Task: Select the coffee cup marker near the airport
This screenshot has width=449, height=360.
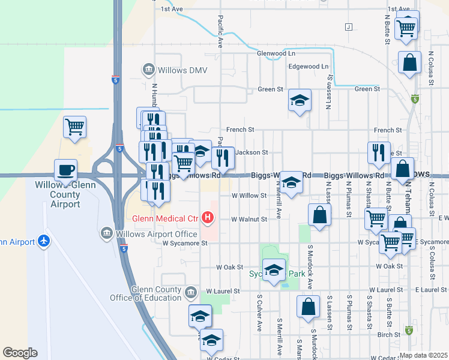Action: click(65, 170)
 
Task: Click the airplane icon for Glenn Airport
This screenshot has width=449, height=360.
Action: click(43, 241)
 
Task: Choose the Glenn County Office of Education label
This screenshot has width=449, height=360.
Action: click(146, 293)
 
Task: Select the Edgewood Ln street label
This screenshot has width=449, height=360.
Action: click(309, 66)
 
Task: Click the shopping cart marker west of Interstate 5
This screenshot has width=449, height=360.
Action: click(75, 127)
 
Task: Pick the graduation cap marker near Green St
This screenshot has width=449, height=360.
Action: click(300, 100)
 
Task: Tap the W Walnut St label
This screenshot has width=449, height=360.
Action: click(249, 219)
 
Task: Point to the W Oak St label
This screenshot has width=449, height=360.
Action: click(229, 266)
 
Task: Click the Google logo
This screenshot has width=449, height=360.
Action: click(20, 352)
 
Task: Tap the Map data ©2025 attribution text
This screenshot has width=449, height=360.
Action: click(423, 355)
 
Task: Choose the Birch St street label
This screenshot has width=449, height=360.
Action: click(389, 335)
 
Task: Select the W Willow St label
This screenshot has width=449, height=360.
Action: click(250, 196)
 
